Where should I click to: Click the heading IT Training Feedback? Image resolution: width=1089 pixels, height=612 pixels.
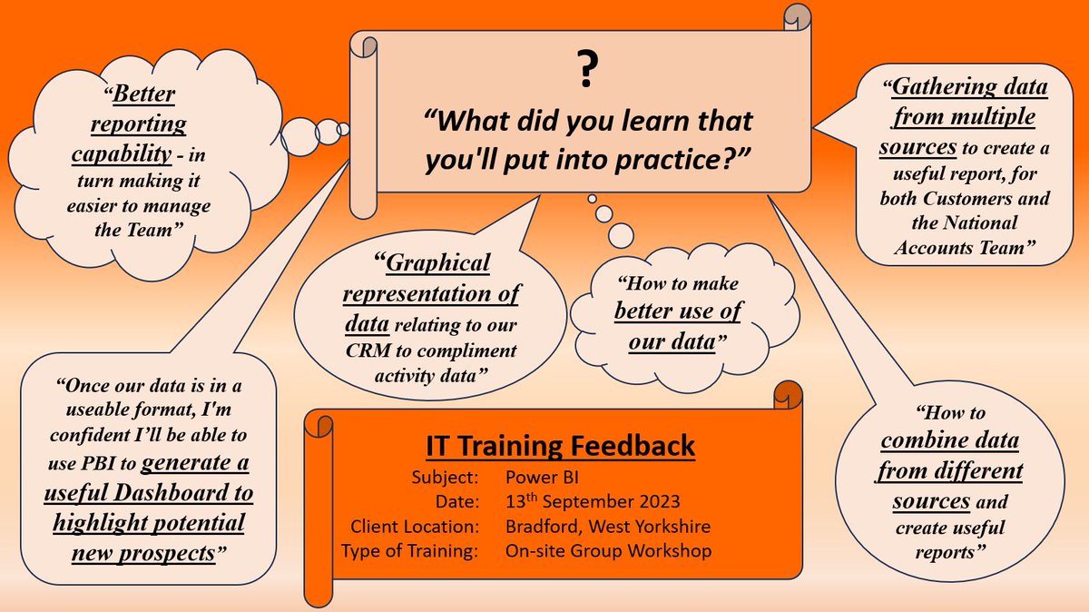tap(560, 447)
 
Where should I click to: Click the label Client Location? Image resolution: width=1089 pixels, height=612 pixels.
tap(408, 525)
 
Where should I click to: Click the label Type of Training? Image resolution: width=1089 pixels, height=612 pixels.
tap(408, 550)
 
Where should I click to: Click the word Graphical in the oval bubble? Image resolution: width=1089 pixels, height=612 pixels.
tap(439, 263)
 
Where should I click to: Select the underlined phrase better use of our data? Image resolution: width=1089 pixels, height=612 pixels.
tap(678, 327)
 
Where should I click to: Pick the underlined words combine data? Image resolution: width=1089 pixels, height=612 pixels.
tap(949, 442)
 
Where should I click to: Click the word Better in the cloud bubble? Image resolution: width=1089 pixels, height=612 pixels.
tap(145, 94)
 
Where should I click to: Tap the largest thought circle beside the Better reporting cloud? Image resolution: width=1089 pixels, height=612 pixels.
tap(299, 138)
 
